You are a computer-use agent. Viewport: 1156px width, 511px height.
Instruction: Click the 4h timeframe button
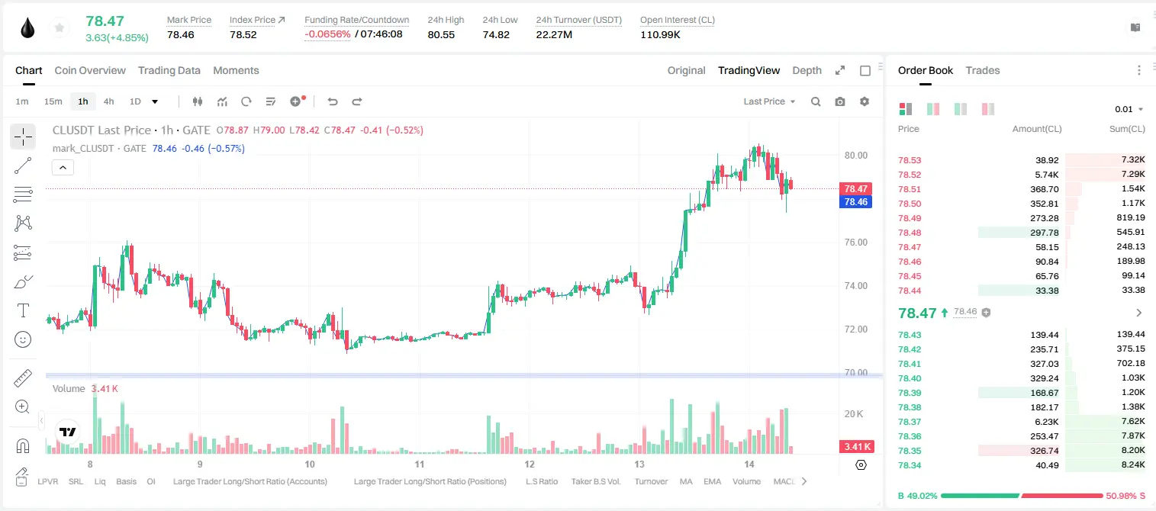click(x=108, y=101)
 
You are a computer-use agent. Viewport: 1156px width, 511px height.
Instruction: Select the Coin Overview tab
click(x=90, y=71)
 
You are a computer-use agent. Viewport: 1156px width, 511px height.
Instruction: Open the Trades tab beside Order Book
click(x=983, y=71)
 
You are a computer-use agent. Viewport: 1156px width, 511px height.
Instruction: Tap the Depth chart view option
click(x=807, y=71)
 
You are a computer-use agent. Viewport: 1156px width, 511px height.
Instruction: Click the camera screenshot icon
click(x=840, y=101)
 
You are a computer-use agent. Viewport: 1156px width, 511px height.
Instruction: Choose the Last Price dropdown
click(x=769, y=101)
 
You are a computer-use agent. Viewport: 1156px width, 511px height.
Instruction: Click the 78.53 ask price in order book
click(x=910, y=160)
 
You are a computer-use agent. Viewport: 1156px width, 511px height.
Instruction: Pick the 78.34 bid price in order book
click(x=910, y=465)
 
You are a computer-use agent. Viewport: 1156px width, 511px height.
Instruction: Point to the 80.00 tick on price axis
click(x=855, y=156)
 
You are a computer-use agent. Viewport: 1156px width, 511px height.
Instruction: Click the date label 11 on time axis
click(x=420, y=464)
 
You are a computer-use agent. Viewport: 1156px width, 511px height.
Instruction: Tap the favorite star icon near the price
click(x=60, y=27)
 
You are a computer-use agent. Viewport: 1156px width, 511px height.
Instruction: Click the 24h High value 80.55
click(x=441, y=34)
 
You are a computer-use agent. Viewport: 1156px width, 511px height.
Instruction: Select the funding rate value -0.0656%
click(x=327, y=34)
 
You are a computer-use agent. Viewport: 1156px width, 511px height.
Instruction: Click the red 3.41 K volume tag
click(x=856, y=446)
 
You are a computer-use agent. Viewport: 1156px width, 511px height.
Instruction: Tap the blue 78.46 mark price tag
click(x=855, y=201)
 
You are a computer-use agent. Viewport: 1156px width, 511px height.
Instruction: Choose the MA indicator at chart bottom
click(x=686, y=481)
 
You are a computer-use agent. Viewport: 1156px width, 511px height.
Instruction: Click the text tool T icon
click(x=23, y=310)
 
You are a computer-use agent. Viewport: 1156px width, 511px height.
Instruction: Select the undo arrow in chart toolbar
click(x=333, y=101)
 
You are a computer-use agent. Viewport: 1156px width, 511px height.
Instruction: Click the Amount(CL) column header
click(x=1037, y=129)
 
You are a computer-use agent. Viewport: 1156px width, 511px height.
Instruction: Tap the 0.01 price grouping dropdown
click(x=1129, y=109)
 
